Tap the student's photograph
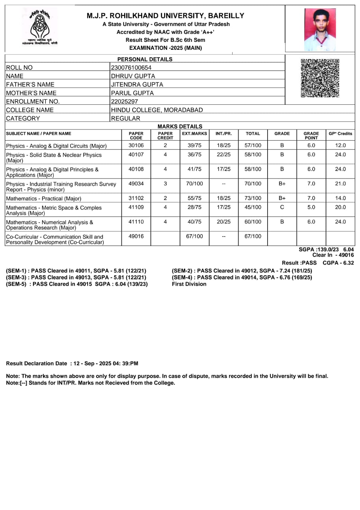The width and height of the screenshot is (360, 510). (x=320, y=29)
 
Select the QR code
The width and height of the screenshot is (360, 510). (x=320, y=78)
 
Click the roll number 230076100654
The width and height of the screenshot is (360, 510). (x=131, y=68)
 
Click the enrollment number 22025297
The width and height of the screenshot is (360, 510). (x=124, y=102)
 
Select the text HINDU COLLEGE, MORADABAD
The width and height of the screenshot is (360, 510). (x=157, y=110)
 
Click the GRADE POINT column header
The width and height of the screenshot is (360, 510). (x=311, y=135)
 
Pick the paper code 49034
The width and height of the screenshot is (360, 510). (x=136, y=184)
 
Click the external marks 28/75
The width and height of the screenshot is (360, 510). (x=194, y=207)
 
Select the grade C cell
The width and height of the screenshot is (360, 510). (x=282, y=207)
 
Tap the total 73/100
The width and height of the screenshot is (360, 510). (x=253, y=198)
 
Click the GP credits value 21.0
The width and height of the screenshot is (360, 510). (x=340, y=184)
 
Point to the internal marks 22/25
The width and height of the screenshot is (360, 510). (x=223, y=155)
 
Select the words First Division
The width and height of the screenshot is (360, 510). (x=189, y=284)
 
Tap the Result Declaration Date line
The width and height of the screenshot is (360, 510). (x=72, y=363)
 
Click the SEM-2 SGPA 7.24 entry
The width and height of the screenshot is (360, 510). (x=242, y=271)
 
